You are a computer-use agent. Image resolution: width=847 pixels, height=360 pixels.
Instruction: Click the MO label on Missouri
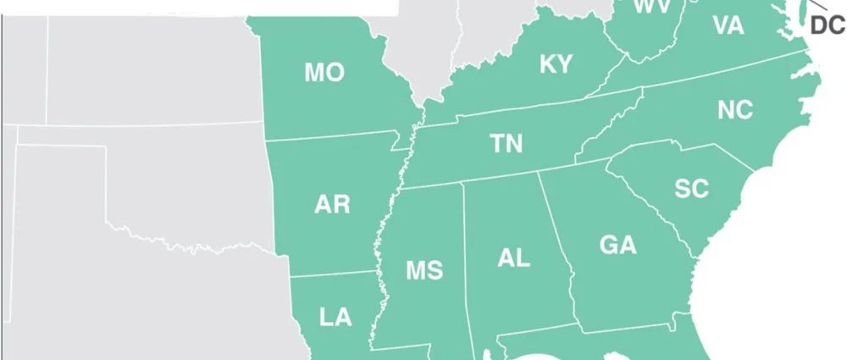pos(324,73)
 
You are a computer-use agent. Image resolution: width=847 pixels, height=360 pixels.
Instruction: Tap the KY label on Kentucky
pos(556,64)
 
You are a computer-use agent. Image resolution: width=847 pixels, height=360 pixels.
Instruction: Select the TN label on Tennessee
pos(507,144)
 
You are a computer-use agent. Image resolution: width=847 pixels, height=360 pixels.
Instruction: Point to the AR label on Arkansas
pos(332,204)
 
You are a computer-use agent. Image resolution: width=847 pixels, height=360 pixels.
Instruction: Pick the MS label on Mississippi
pos(424,270)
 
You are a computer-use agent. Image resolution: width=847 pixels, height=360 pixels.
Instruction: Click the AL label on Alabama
pos(514,258)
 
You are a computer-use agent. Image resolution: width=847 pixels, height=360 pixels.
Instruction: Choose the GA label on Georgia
pos(617,246)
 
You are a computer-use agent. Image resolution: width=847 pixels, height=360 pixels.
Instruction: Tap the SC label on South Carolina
pos(691,189)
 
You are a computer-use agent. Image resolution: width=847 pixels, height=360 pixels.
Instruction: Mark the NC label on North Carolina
pos(735,110)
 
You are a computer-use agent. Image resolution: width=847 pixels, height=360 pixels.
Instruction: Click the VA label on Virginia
pos(728,26)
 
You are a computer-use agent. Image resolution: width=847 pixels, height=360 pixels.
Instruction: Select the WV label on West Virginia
pos(653,8)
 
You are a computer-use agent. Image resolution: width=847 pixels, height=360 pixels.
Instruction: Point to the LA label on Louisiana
pos(335,318)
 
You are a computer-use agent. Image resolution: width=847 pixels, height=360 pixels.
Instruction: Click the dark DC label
pos(828,26)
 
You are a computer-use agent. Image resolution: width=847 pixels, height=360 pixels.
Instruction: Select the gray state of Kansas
pos(152,68)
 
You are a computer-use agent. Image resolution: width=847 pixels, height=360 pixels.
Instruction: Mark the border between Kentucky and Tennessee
pos(525,108)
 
